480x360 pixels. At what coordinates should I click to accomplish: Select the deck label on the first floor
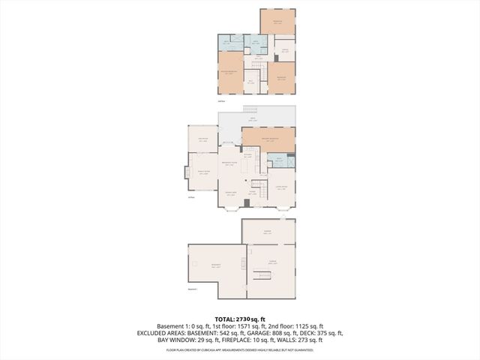(253, 118)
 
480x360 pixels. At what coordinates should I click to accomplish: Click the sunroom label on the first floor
(202, 139)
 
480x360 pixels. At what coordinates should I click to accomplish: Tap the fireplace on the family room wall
(185, 172)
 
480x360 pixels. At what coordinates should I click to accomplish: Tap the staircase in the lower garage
(265, 277)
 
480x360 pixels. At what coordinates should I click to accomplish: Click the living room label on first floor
(281, 187)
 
